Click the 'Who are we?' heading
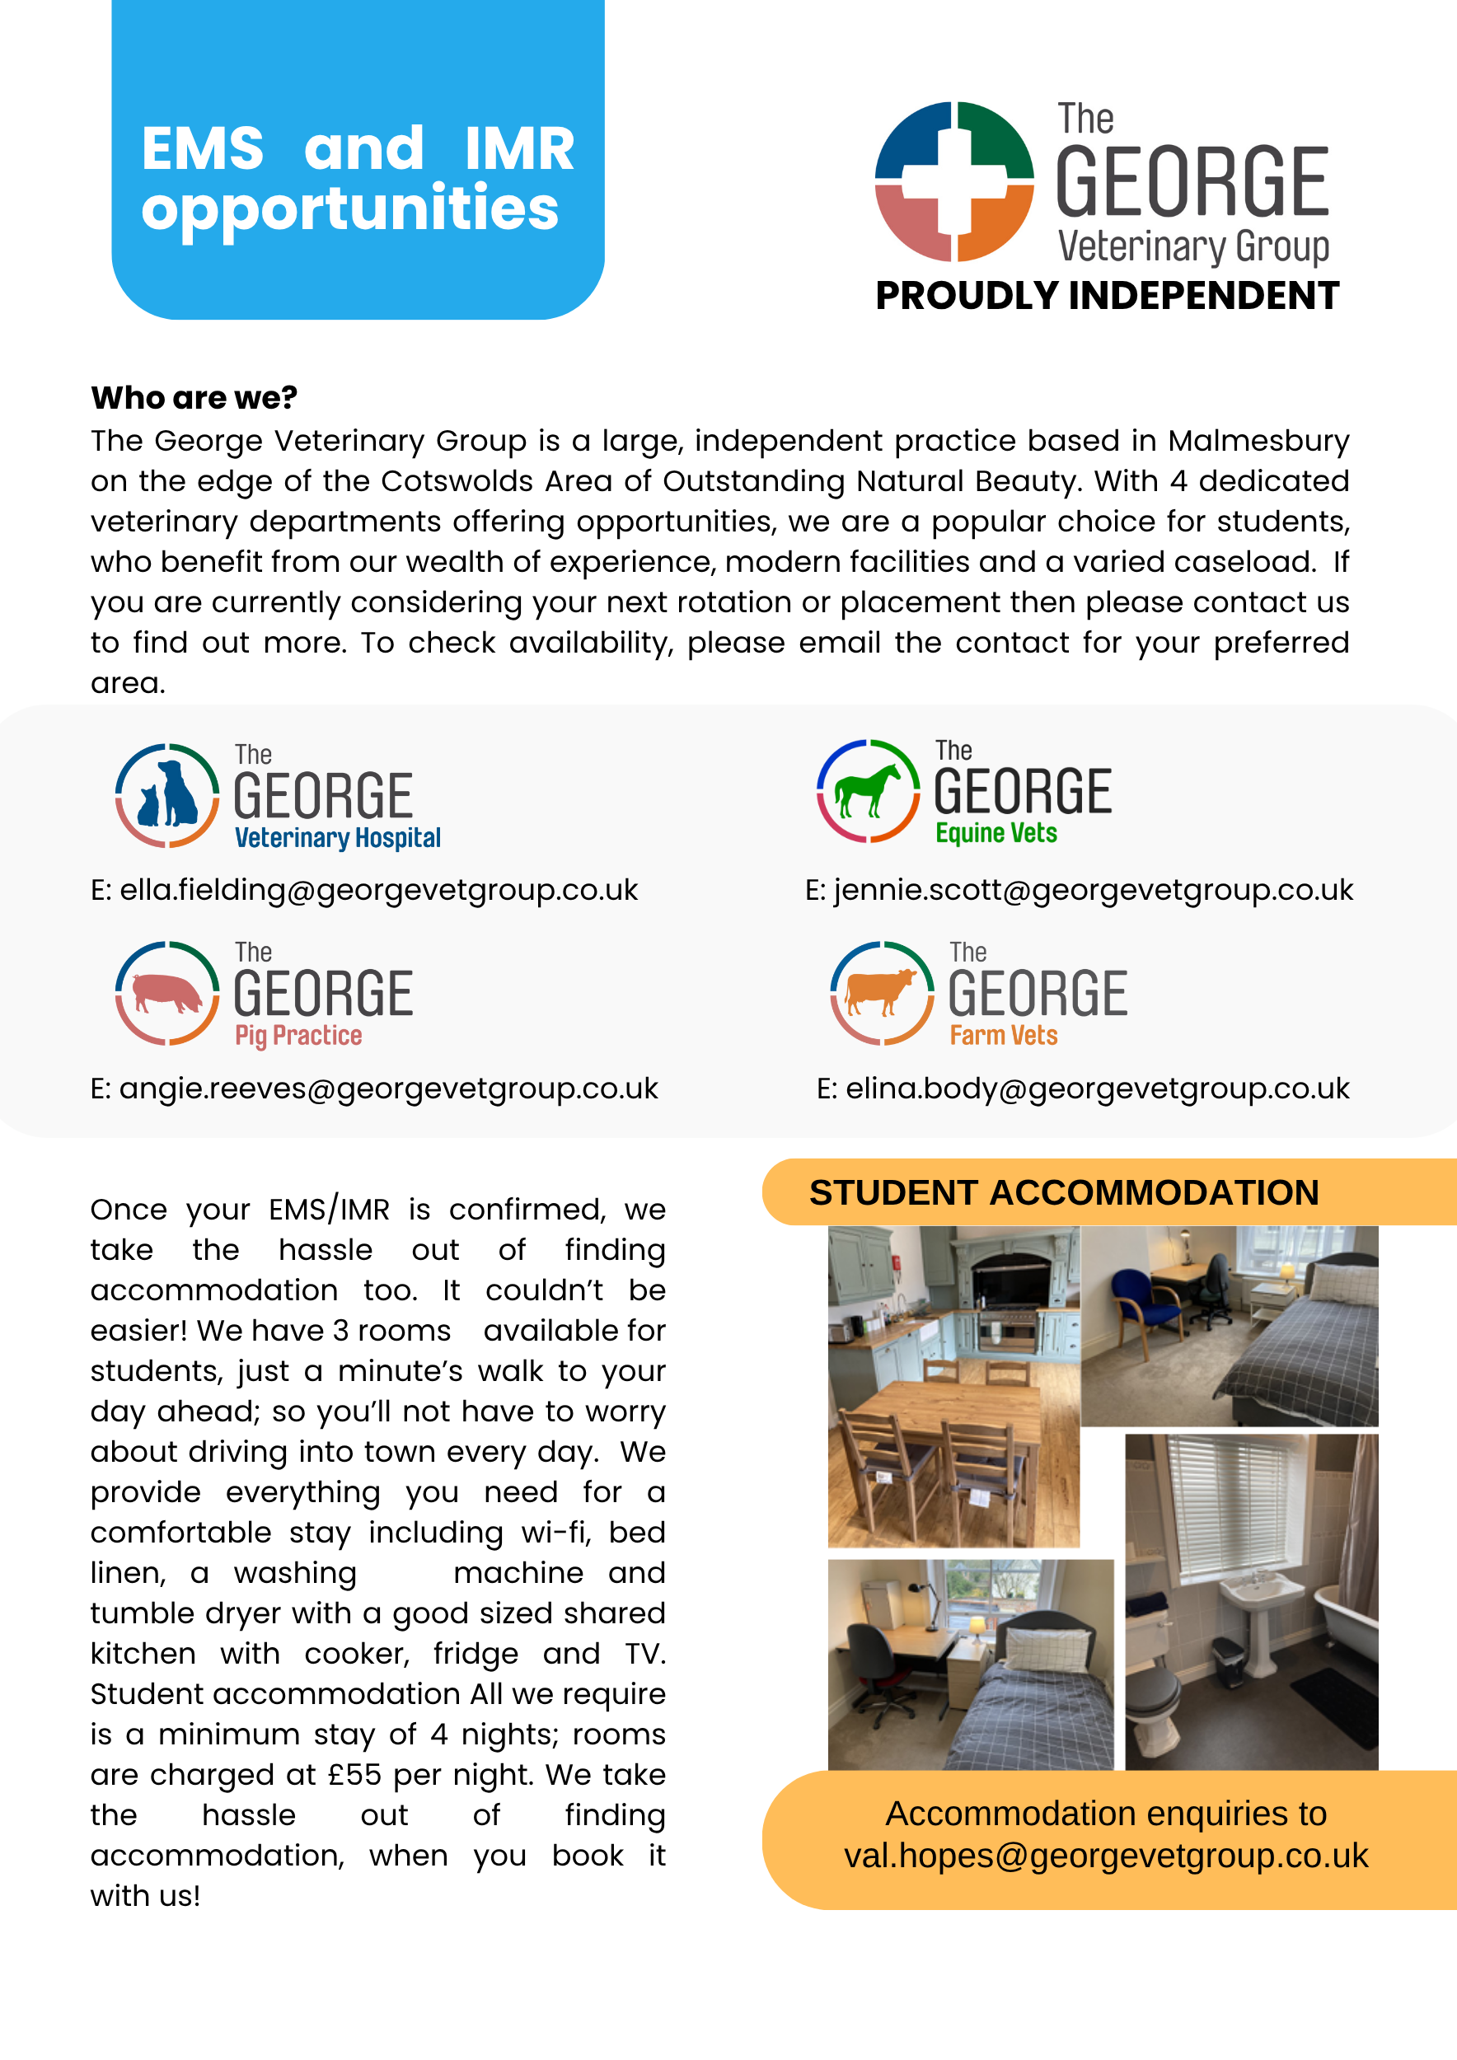pos(194,397)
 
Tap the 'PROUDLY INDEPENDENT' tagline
pos(1106,296)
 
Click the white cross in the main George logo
pos(953,181)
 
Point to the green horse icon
pos(867,789)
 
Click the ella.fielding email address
pos(378,890)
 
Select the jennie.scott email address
pos(1093,890)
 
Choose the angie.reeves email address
pos(388,1089)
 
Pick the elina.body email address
pos(1096,1089)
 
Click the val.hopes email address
pos(1105,1856)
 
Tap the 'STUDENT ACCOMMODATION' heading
pos(1064,1192)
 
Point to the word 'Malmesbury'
pos(1258,441)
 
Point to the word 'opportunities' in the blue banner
pos(350,208)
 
